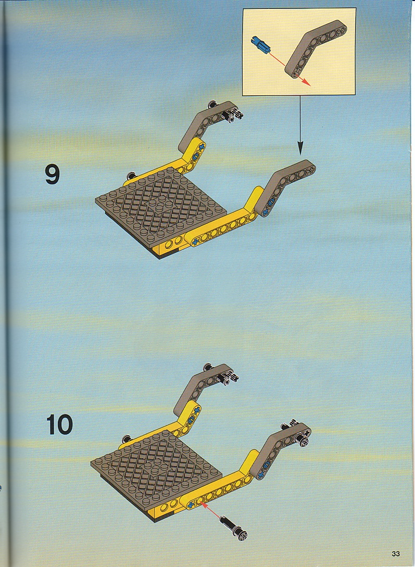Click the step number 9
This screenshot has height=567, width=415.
pyautogui.click(x=53, y=174)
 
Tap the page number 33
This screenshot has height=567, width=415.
pyautogui.click(x=396, y=553)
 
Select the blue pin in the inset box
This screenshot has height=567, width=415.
pyautogui.click(x=261, y=45)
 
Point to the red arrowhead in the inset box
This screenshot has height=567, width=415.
pyautogui.click(x=306, y=82)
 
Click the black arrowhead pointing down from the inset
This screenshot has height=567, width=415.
pyautogui.click(x=300, y=147)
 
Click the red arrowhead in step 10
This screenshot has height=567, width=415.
pyautogui.click(x=201, y=503)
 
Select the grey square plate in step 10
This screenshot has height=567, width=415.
pyautogui.click(x=156, y=470)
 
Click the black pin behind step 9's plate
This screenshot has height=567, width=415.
pyautogui.click(x=131, y=176)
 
